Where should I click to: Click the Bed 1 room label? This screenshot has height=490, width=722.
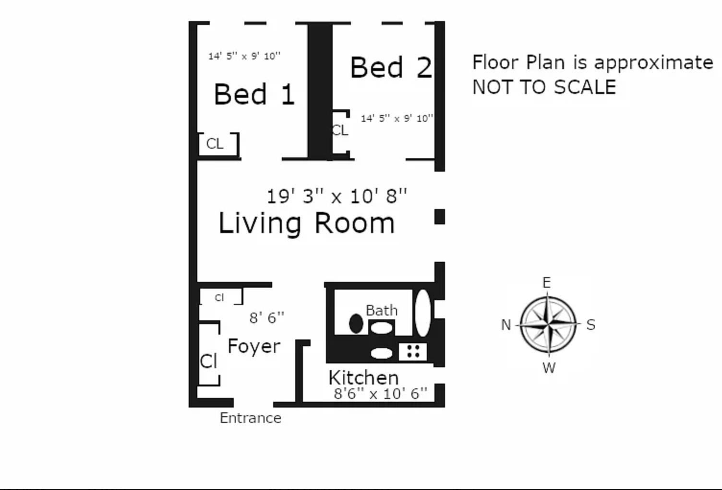(254, 94)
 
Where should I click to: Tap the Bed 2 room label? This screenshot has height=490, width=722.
(391, 68)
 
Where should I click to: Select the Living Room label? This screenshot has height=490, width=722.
(306, 223)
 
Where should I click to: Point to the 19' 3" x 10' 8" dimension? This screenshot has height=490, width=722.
(337, 196)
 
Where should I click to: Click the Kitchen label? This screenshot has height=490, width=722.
(363, 377)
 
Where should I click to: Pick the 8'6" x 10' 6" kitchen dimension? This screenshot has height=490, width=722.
(380, 394)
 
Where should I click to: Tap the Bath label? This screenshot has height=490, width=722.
(382, 310)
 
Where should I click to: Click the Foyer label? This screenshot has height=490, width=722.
(254, 346)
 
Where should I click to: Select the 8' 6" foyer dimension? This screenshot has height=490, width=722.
(266, 317)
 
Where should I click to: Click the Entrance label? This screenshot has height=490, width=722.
(251, 418)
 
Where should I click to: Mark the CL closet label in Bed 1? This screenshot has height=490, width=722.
(215, 144)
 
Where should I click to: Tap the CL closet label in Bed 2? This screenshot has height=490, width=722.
(340, 130)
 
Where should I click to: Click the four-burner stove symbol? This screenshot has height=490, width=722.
(413, 351)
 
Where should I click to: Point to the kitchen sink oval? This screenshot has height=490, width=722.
(382, 353)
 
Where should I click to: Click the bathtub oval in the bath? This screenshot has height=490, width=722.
(422, 313)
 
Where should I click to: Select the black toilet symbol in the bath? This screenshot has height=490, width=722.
(356, 324)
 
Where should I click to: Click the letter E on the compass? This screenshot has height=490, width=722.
(546, 283)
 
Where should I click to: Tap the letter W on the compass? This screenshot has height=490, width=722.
(549, 368)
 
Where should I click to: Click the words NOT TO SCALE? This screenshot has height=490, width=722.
(544, 87)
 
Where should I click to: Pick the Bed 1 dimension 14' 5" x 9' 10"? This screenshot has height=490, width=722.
(244, 56)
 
